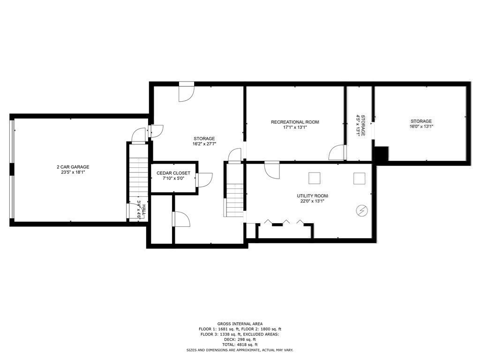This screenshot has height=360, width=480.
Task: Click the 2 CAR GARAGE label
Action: click(73, 167)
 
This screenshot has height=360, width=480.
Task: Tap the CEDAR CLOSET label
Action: click(173, 173)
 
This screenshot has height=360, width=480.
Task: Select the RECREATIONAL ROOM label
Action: click(295, 122)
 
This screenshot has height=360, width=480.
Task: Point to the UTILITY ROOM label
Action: click(312, 196)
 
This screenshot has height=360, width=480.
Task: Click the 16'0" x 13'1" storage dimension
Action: click(421, 127)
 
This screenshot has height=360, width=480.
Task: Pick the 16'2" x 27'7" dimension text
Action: click(204, 144)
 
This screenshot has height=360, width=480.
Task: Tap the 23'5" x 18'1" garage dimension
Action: click(73, 172)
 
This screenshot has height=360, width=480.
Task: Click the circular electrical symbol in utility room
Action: click(362, 211)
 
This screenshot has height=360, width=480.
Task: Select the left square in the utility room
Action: click(314, 178)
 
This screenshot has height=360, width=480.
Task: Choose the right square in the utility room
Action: click(359, 178)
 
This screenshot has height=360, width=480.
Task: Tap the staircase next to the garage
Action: click(139, 178)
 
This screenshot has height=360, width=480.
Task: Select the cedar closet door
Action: click(204, 180)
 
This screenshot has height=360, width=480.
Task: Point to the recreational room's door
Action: click(337, 153)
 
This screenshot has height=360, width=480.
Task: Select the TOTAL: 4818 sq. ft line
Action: click(240, 345)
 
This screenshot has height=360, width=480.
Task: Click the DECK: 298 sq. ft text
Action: click(240, 339)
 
